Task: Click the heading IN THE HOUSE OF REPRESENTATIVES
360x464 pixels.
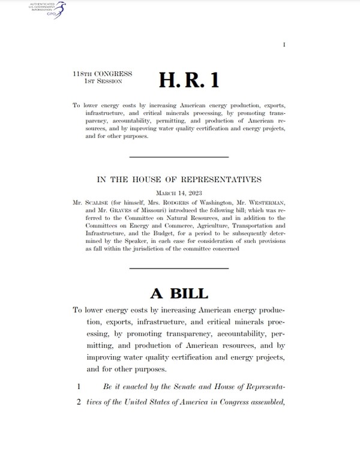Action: [180, 179]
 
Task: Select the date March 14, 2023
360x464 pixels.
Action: [180, 193]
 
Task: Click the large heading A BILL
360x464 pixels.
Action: [179, 293]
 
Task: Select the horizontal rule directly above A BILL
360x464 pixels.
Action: [179, 266]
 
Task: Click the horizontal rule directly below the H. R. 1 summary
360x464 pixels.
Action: [179, 157]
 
